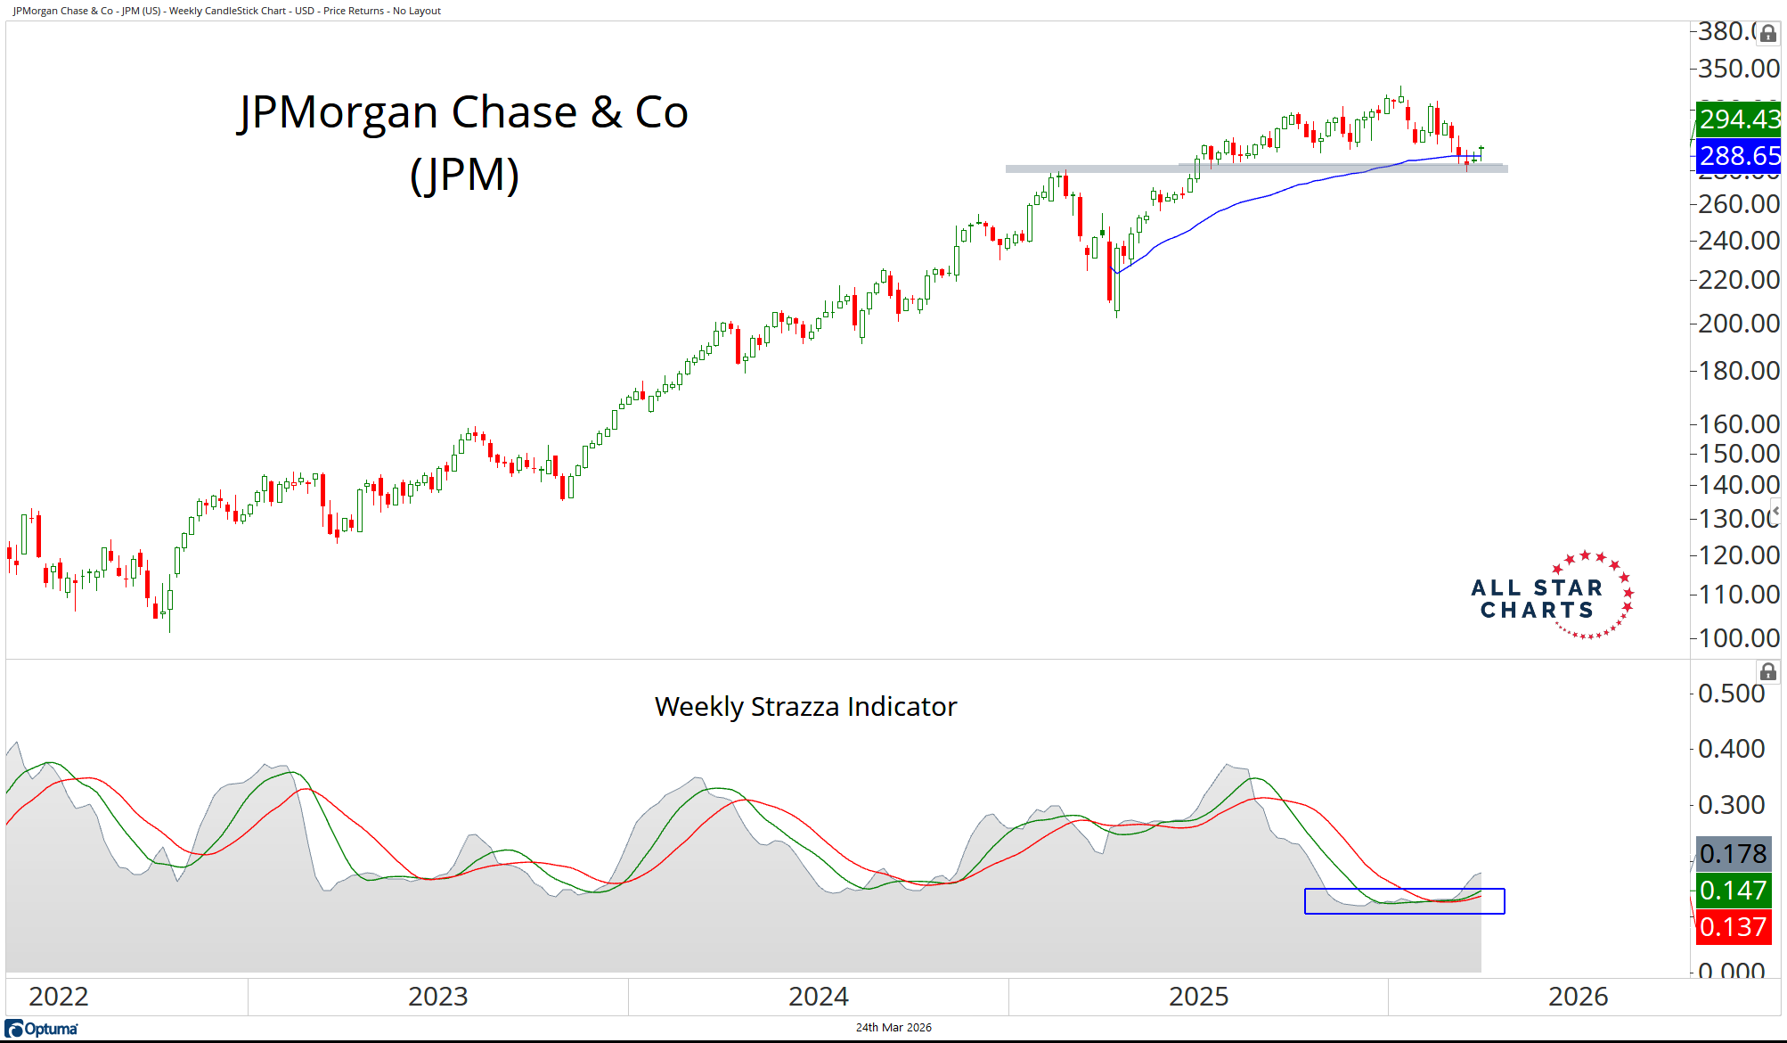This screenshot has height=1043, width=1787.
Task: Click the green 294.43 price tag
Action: pyautogui.click(x=1738, y=119)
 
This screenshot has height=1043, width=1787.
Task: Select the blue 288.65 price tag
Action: pyautogui.click(x=1738, y=155)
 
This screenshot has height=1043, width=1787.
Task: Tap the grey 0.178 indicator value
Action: pyautogui.click(x=1733, y=854)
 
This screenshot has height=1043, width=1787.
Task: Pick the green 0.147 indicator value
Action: pyautogui.click(x=1733, y=890)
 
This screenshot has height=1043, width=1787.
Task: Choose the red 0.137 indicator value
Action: pyautogui.click(x=1733, y=927)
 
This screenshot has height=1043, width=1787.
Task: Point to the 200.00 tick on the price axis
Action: pyautogui.click(x=1738, y=323)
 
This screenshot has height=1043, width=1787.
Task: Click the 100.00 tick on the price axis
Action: pyautogui.click(x=1738, y=637)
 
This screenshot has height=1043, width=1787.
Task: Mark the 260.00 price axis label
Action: pyautogui.click(x=1738, y=204)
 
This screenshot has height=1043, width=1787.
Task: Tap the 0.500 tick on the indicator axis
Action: pyautogui.click(x=1731, y=694)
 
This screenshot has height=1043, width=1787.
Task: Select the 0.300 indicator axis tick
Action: pyautogui.click(x=1731, y=805)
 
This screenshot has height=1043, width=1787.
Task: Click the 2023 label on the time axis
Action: pyautogui.click(x=437, y=996)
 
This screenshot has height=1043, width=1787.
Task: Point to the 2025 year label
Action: pyautogui.click(x=1198, y=996)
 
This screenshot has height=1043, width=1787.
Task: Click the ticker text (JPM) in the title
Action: pyautogui.click(x=464, y=174)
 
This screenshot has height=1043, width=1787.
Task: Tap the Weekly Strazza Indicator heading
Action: pyautogui.click(x=805, y=707)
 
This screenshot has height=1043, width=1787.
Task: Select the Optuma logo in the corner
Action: pyautogui.click(x=42, y=1029)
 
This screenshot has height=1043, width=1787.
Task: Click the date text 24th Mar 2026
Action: pyautogui.click(x=893, y=1028)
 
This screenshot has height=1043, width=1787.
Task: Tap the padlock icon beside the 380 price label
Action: pyautogui.click(x=1767, y=34)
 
